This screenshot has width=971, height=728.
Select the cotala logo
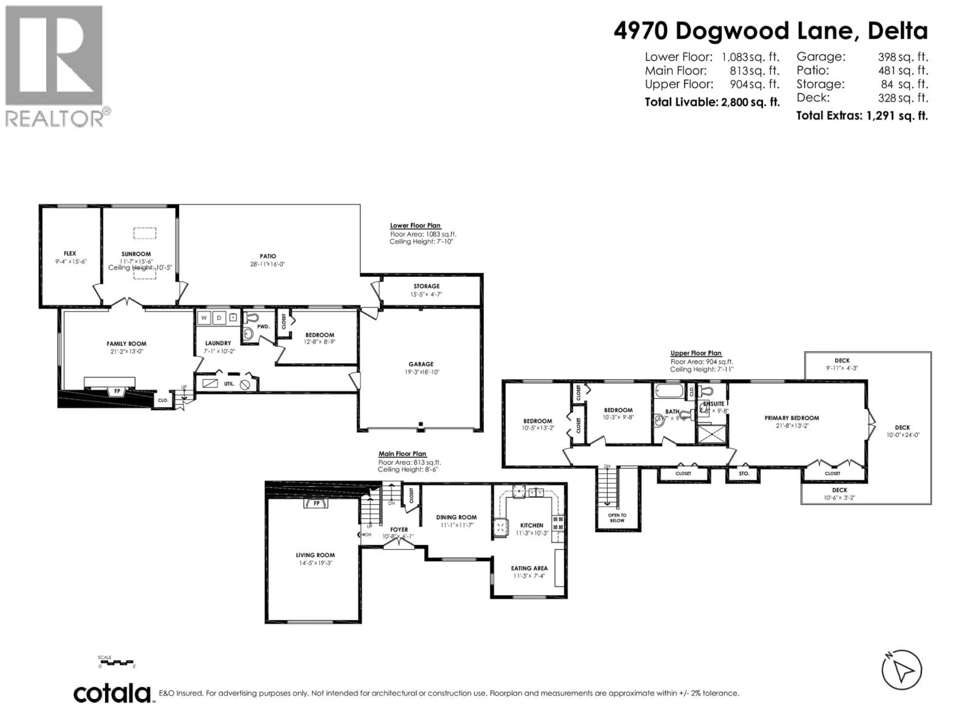click(x=112, y=694)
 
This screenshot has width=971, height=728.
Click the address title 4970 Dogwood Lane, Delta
click(x=770, y=31)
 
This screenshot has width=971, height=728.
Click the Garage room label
click(x=421, y=364)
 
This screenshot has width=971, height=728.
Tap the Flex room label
click(x=70, y=253)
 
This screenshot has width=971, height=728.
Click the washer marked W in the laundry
click(x=204, y=318)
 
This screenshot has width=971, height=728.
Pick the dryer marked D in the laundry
click(x=219, y=318)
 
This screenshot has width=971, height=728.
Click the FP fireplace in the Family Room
click(x=117, y=391)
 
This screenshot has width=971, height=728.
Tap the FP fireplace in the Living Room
click(x=316, y=503)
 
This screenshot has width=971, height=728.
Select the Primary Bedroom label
click(x=791, y=418)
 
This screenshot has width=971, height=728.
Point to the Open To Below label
click(x=617, y=518)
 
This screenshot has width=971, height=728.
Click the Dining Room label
click(x=456, y=517)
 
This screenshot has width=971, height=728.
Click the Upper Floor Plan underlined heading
click(x=696, y=353)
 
